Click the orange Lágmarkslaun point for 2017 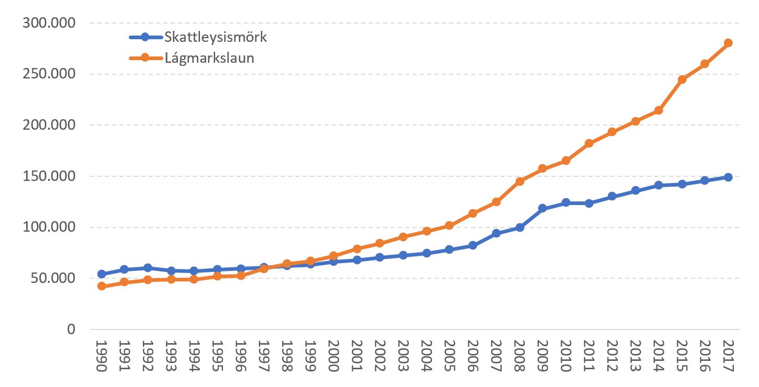(x=728, y=43)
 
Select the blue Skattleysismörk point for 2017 (x=728, y=177)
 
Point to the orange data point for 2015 (x=682, y=79)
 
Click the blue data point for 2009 (x=542, y=208)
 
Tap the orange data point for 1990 (x=102, y=286)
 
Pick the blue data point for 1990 (x=102, y=274)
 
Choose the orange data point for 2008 (x=519, y=181)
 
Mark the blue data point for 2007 (x=496, y=233)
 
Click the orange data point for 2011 (x=589, y=143)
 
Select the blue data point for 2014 (x=658, y=185)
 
